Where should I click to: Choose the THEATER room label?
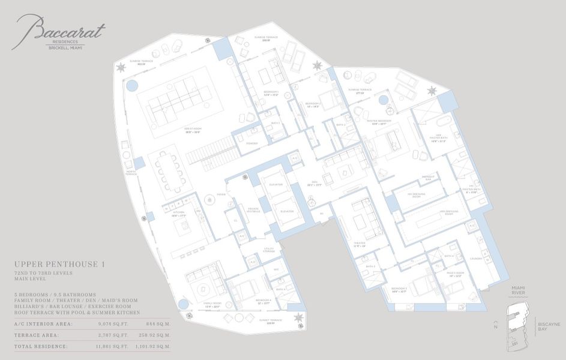pos(359,244)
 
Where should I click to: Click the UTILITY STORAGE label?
pos(268,251)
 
